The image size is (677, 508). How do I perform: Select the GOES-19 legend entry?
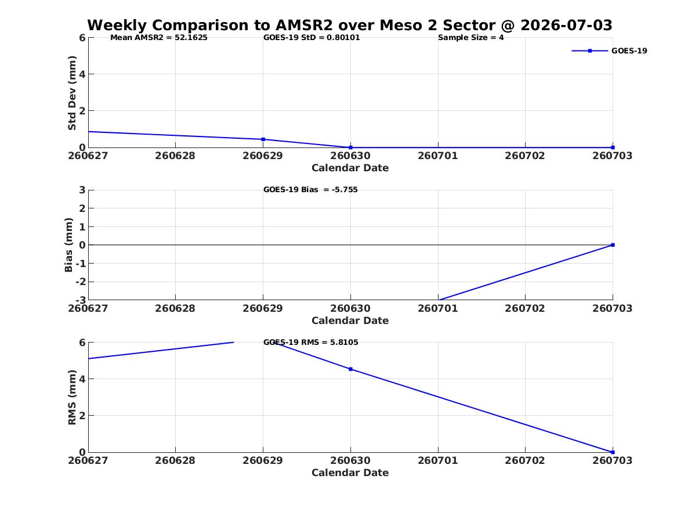[x=609, y=51]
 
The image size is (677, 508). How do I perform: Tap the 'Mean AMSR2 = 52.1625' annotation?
[x=159, y=38]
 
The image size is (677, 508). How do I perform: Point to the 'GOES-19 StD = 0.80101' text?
[x=312, y=38]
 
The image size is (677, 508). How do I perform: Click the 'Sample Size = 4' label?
[x=470, y=38]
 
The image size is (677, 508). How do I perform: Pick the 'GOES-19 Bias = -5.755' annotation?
[x=310, y=190]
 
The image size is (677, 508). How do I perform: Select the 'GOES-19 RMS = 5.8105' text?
[x=311, y=342]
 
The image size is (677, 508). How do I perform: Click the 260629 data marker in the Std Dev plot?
[x=263, y=139]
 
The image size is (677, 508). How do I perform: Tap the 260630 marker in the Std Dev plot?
[x=350, y=147]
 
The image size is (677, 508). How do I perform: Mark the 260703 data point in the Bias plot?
[x=613, y=245]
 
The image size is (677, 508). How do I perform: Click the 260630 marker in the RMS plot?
[x=350, y=369]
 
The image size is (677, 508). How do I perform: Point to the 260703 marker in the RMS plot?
[x=613, y=452]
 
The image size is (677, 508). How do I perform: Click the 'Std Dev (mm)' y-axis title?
[x=72, y=93]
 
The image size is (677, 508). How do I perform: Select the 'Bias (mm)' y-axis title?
[x=68, y=245]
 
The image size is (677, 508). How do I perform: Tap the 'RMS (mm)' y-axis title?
[x=72, y=398]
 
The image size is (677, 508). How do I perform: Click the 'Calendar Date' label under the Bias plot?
[x=350, y=320]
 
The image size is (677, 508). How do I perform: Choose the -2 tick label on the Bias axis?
[x=81, y=282]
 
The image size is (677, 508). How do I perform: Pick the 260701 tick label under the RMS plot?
[x=438, y=460]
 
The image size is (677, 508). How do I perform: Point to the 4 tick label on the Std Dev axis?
[x=82, y=74]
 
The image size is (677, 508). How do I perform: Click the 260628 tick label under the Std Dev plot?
[x=175, y=156]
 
